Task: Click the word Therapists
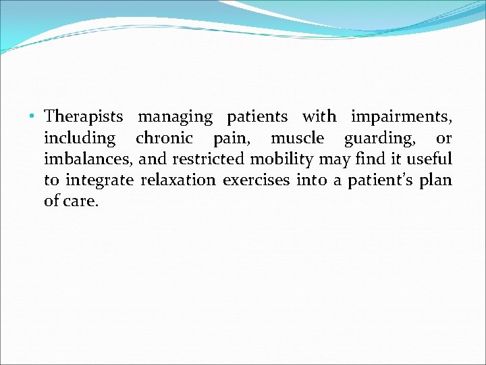tap(84, 117)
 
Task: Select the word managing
tap(175, 117)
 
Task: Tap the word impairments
tap(401, 117)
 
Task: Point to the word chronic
tap(164, 139)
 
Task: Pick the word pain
tap(230, 139)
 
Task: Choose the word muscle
tap(297, 139)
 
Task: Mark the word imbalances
tap(88, 160)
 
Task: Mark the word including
tap(80, 139)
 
